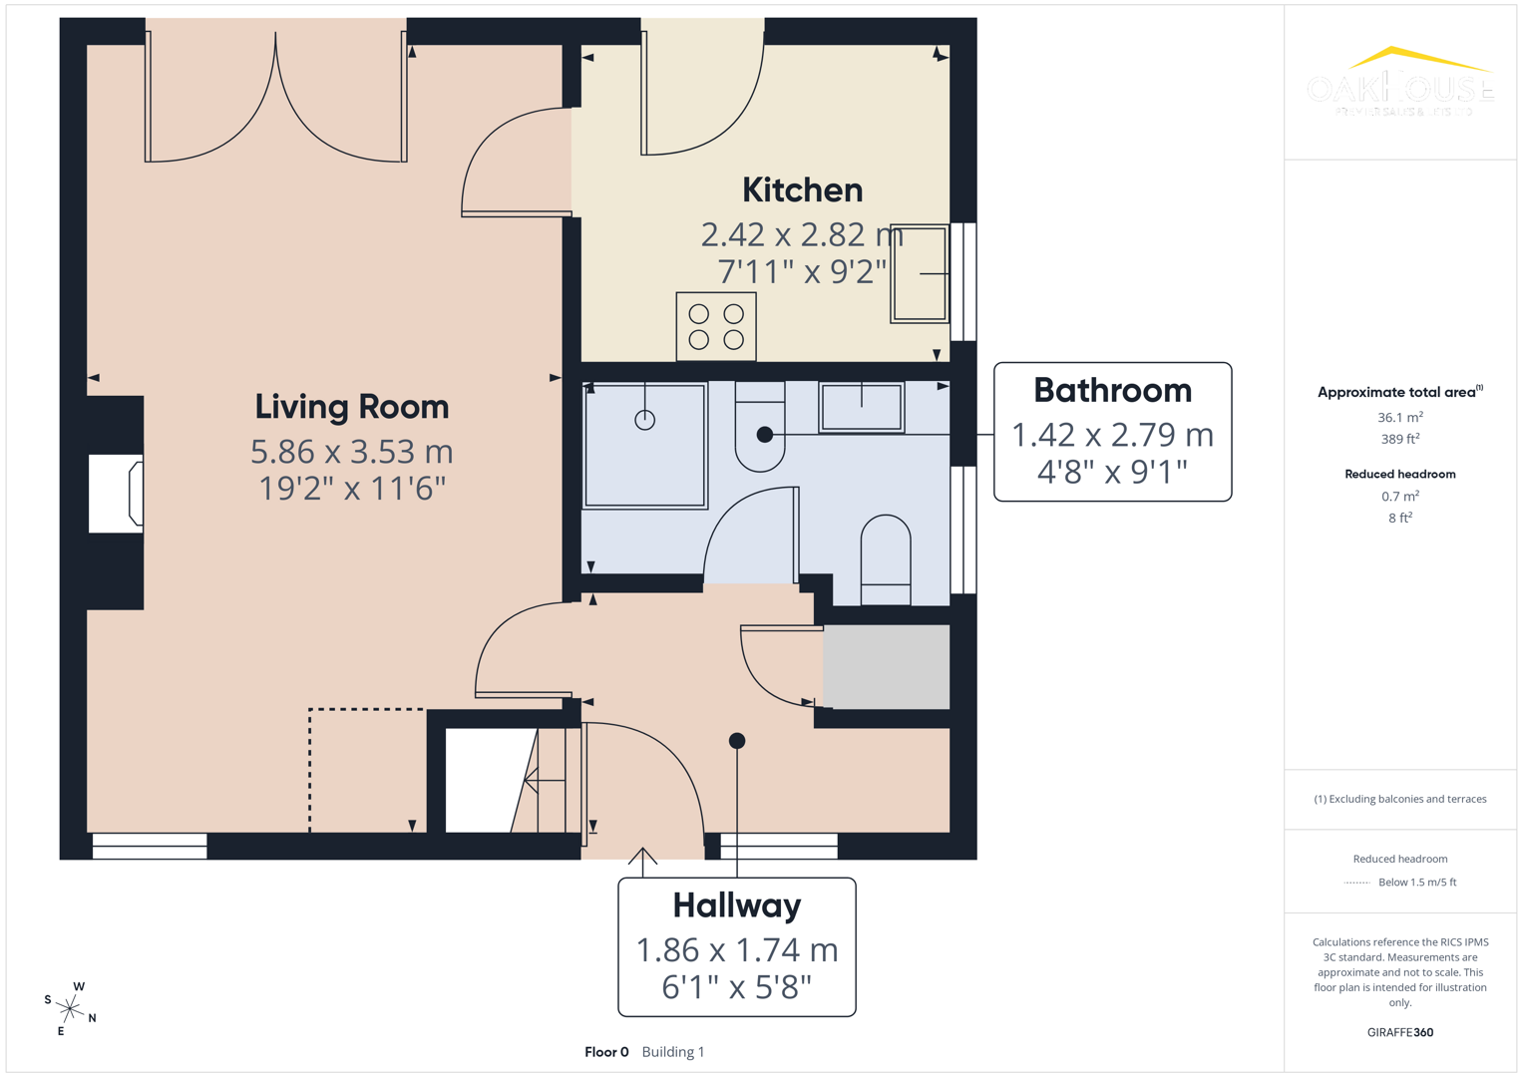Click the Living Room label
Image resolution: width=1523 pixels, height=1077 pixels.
point(351,407)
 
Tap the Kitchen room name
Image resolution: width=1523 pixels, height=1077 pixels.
point(802,189)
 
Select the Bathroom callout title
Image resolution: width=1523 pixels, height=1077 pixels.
point(1112,390)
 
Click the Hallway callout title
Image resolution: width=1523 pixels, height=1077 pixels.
point(736,905)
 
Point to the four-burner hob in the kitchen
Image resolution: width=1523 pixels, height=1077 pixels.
point(716,326)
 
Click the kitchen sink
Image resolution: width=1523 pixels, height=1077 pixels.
point(919,273)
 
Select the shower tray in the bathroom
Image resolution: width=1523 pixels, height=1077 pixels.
point(645,445)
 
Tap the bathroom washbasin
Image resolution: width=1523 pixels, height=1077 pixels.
point(862,407)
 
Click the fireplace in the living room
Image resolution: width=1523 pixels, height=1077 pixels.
point(116,494)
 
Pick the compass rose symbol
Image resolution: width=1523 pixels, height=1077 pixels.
point(70,1009)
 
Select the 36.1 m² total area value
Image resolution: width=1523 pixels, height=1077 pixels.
point(1399,417)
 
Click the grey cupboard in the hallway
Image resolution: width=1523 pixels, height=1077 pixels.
point(886,667)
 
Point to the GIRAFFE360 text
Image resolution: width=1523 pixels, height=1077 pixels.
point(1399,1032)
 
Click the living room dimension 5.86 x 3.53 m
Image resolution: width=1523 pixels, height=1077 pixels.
point(351,452)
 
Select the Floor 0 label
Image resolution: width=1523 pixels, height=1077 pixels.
point(606,1052)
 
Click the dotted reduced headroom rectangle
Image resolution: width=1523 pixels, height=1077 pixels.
point(366,769)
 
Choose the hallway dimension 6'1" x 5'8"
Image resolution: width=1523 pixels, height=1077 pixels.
point(736,987)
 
